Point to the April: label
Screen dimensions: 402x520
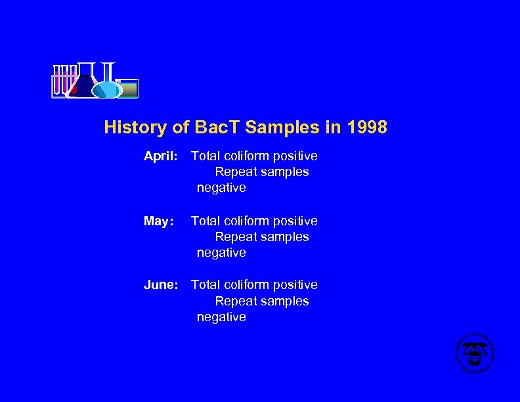pyautogui.click(x=161, y=156)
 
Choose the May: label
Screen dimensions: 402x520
pyautogui.click(x=158, y=221)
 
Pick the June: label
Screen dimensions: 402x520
pyautogui.click(x=161, y=285)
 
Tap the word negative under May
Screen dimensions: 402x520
pyautogui.click(x=221, y=253)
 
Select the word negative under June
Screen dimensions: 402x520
pyautogui.click(x=221, y=317)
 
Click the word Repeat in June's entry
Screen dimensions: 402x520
pyautogui.click(x=236, y=301)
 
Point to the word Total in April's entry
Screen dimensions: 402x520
pyautogui.click(x=206, y=156)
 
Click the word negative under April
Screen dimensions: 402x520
pyautogui.click(x=221, y=188)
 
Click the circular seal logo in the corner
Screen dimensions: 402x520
pyautogui.click(x=475, y=353)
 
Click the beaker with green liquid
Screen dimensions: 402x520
pyautogui.click(x=128, y=89)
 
